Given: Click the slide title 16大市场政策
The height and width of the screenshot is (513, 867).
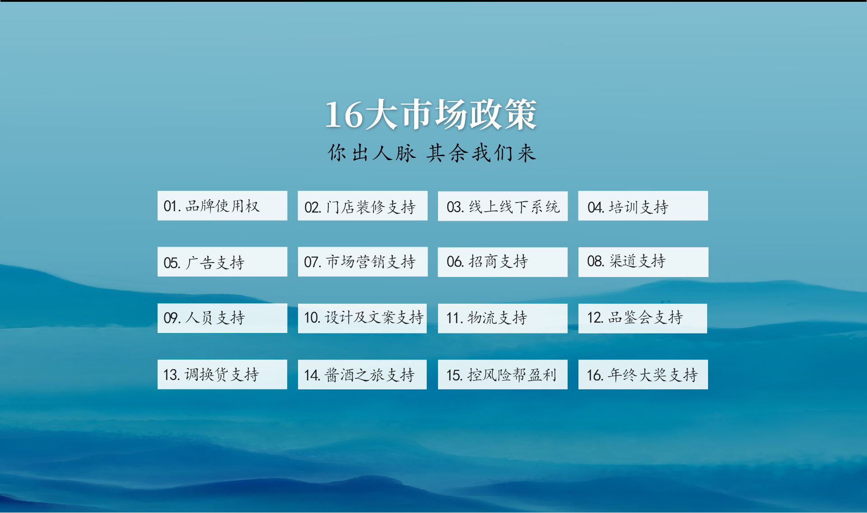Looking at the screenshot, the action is point(431,115).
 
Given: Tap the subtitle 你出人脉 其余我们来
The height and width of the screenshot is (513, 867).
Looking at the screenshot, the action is point(432,153).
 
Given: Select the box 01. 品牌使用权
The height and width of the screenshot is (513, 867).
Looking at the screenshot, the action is point(222,206).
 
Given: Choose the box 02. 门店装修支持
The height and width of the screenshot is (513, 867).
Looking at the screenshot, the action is point(363,206).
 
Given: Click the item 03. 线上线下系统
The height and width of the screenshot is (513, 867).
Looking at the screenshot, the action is point(503,206).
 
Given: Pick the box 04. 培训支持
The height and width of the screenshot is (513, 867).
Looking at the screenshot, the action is point(643,206).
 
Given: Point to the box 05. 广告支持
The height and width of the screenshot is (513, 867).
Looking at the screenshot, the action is point(222,262).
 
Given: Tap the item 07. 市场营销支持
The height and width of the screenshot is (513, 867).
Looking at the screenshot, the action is point(363,262).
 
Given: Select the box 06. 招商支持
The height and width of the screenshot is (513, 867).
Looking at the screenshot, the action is point(503,262).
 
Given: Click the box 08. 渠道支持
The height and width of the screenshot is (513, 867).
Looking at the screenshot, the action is point(643,262).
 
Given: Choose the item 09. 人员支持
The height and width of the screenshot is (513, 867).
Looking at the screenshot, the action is point(222,318).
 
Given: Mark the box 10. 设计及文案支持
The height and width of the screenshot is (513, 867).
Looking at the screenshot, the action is point(362,318).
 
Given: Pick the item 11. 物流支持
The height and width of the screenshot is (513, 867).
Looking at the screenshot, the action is point(503,319).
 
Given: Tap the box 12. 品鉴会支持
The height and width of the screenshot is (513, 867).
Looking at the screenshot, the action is point(643,319).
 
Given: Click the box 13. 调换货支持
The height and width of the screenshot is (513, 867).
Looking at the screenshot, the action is point(222,374).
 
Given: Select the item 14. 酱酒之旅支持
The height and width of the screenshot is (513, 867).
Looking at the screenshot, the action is point(362,374).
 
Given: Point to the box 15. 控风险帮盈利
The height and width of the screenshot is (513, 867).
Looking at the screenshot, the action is point(503,374).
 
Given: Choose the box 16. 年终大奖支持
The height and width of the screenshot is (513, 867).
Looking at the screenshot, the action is point(643,374).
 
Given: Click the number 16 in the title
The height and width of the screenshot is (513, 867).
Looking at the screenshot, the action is point(344,115).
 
